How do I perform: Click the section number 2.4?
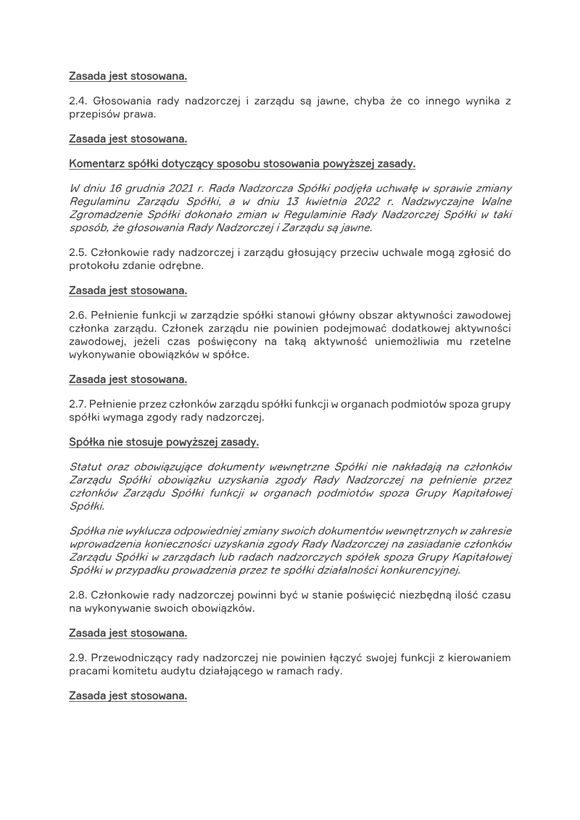click(78, 101)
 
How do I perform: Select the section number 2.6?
click(78, 315)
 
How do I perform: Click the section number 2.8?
click(78, 595)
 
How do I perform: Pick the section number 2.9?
click(78, 658)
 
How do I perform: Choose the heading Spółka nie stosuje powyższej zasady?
click(164, 441)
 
